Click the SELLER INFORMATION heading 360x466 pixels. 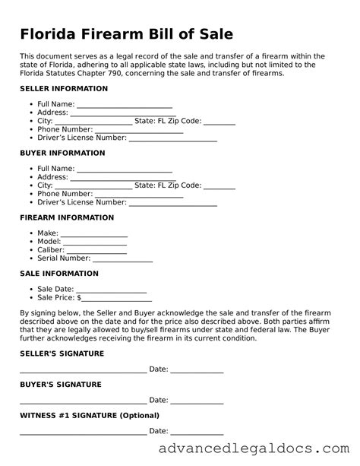click(64, 89)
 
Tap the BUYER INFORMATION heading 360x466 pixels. click(62, 153)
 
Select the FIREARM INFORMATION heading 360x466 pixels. click(67, 217)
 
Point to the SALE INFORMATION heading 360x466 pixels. click(58, 273)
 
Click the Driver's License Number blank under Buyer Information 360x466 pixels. click(173, 204)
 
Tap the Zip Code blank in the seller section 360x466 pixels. click(219, 122)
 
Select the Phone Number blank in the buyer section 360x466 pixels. click(143, 195)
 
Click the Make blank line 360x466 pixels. click(93, 234)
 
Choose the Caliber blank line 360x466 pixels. click(96, 251)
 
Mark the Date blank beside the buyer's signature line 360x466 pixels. click(197, 401)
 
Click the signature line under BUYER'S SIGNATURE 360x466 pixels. click(83, 401)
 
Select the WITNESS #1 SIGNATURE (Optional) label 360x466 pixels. click(90, 415)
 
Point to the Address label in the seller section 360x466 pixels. click(52, 113)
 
